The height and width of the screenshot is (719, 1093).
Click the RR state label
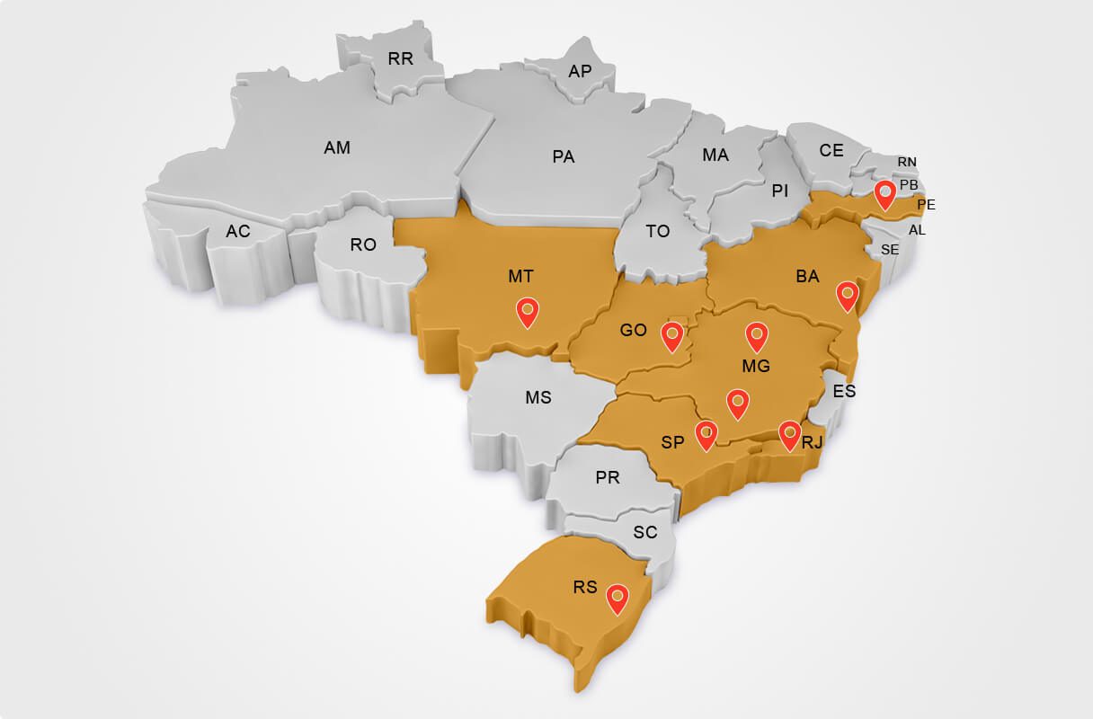(x=400, y=59)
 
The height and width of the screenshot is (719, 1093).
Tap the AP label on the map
(x=581, y=70)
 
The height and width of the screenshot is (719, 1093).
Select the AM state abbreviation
(x=337, y=147)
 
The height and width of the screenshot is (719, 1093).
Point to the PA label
(x=564, y=157)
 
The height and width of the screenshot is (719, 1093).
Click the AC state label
(x=238, y=232)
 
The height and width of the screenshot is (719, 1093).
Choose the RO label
(x=363, y=244)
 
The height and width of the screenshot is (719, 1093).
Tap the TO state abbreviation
(x=658, y=231)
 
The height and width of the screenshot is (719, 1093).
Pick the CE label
(x=831, y=150)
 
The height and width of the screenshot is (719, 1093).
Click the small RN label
(x=907, y=162)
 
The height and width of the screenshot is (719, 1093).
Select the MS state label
(x=538, y=397)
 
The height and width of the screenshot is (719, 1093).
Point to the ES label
(x=844, y=391)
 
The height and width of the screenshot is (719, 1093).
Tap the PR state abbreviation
(x=608, y=477)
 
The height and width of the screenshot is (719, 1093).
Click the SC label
(x=645, y=532)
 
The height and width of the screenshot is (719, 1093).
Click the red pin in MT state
(x=528, y=311)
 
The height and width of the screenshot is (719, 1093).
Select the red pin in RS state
(x=617, y=597)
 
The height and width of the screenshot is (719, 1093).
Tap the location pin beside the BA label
(x=847, y=295)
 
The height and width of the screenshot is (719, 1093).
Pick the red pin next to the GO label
(x=671, y=335)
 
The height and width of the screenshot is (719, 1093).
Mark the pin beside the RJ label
(x=788, y=434)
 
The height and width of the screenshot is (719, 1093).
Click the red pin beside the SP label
(x=706, y=434)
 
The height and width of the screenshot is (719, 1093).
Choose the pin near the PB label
(x=886, y=193)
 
